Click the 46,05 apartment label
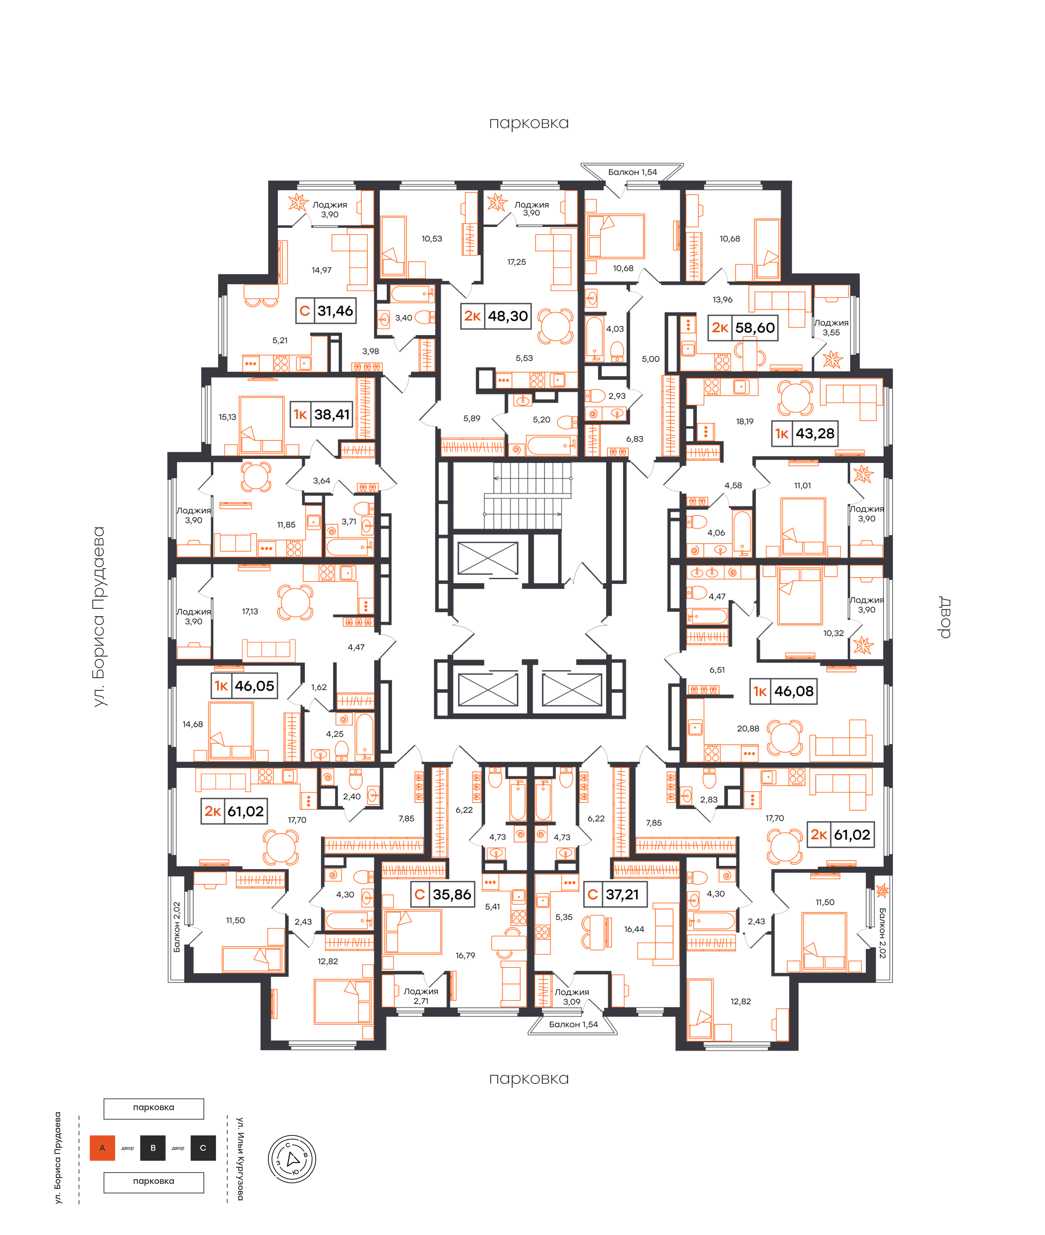pyautogui.click(x=245, y=686)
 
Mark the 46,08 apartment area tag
pyautogui.click(x=784, y=691)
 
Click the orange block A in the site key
pyautogui.click(x=102, y=1148)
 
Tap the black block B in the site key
pyautogui.click(x=153, y=1148)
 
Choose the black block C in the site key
pyautogui.click(x=203, y=1148)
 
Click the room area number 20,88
pyautogui.click(x=748, y=729)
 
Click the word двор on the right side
pyautogui.click(x=945, y=617)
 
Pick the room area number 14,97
pyautogui.click(x=322, y=270)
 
